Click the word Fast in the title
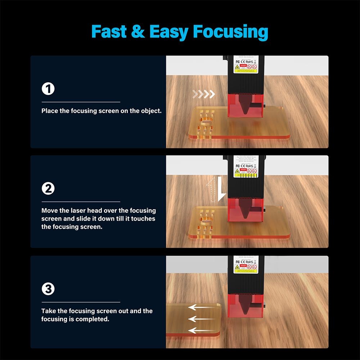(x=109, y=32)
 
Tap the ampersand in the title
(x=138, y=32)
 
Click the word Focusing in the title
(x=230, y=32)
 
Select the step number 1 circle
(x=48, y=89)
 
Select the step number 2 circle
(x=48, y=189)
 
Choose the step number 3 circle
(x=48, y=289)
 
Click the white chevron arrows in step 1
(x=204, y=94)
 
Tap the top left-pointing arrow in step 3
(x=201, y=307)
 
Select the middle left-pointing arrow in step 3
(x=201, y=319)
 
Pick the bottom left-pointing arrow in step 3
(x=201, y=330)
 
